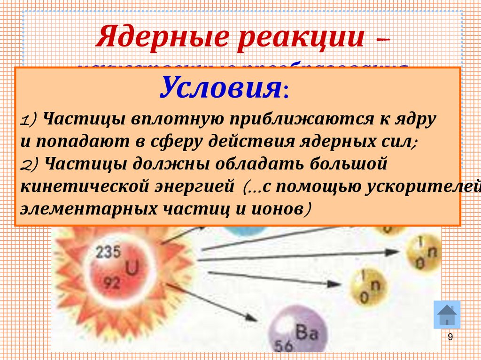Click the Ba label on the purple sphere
point(308,334)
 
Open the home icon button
point(446,314)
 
